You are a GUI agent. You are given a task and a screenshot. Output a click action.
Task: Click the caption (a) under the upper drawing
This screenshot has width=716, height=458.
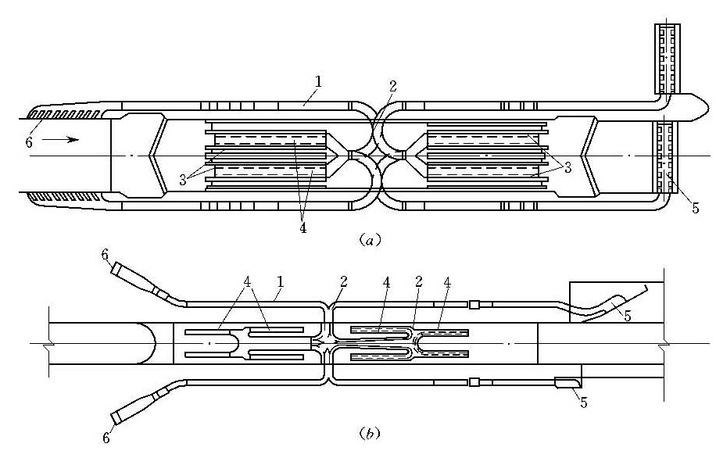tap(370, 240)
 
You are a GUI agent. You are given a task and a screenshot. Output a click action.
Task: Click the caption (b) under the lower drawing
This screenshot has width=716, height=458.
tap(370, 432)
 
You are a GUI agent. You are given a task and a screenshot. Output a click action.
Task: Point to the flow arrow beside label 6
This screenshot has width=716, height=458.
tap(60, 139)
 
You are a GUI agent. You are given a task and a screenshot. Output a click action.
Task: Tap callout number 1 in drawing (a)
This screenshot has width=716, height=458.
tap(318, 82)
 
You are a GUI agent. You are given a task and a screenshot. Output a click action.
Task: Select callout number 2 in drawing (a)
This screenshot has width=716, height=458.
tap(392, 86)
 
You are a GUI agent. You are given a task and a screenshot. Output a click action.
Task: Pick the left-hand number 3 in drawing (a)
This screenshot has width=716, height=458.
tap(183, 180)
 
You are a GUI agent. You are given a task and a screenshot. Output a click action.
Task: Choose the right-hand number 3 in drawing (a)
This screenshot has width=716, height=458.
tap(567, 168)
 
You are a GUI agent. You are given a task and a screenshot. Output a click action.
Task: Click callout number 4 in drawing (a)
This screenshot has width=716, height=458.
tap(303, 227)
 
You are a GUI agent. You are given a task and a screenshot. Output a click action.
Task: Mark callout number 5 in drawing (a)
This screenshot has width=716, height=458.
tap(696, 208)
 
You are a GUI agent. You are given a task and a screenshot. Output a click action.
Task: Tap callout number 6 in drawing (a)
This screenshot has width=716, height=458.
tap(29, 142)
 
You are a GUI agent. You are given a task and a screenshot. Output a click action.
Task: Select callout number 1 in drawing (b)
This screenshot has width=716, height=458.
tap(280, 281)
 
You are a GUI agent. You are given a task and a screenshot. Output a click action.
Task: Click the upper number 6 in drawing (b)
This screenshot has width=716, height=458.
tap(105, 255)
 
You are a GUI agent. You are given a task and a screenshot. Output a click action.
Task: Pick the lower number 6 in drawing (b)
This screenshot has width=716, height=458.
tap(106, 438)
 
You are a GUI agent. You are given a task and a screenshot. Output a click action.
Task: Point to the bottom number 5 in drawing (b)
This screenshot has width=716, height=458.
tap(584, 403)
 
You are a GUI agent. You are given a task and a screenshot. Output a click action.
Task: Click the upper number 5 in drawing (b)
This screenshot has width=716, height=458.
tap(628, 315)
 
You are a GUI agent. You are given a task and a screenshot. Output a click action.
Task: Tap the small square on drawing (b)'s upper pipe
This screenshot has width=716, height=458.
tap(474, 304)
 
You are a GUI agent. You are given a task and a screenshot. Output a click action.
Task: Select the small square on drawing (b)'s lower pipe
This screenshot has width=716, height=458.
tap(474, 381)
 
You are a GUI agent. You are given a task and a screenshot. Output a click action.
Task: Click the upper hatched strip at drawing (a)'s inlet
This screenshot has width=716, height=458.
tap(64, 113)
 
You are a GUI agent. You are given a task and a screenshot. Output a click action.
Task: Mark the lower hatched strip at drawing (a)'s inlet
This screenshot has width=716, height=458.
tap(64, 197)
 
